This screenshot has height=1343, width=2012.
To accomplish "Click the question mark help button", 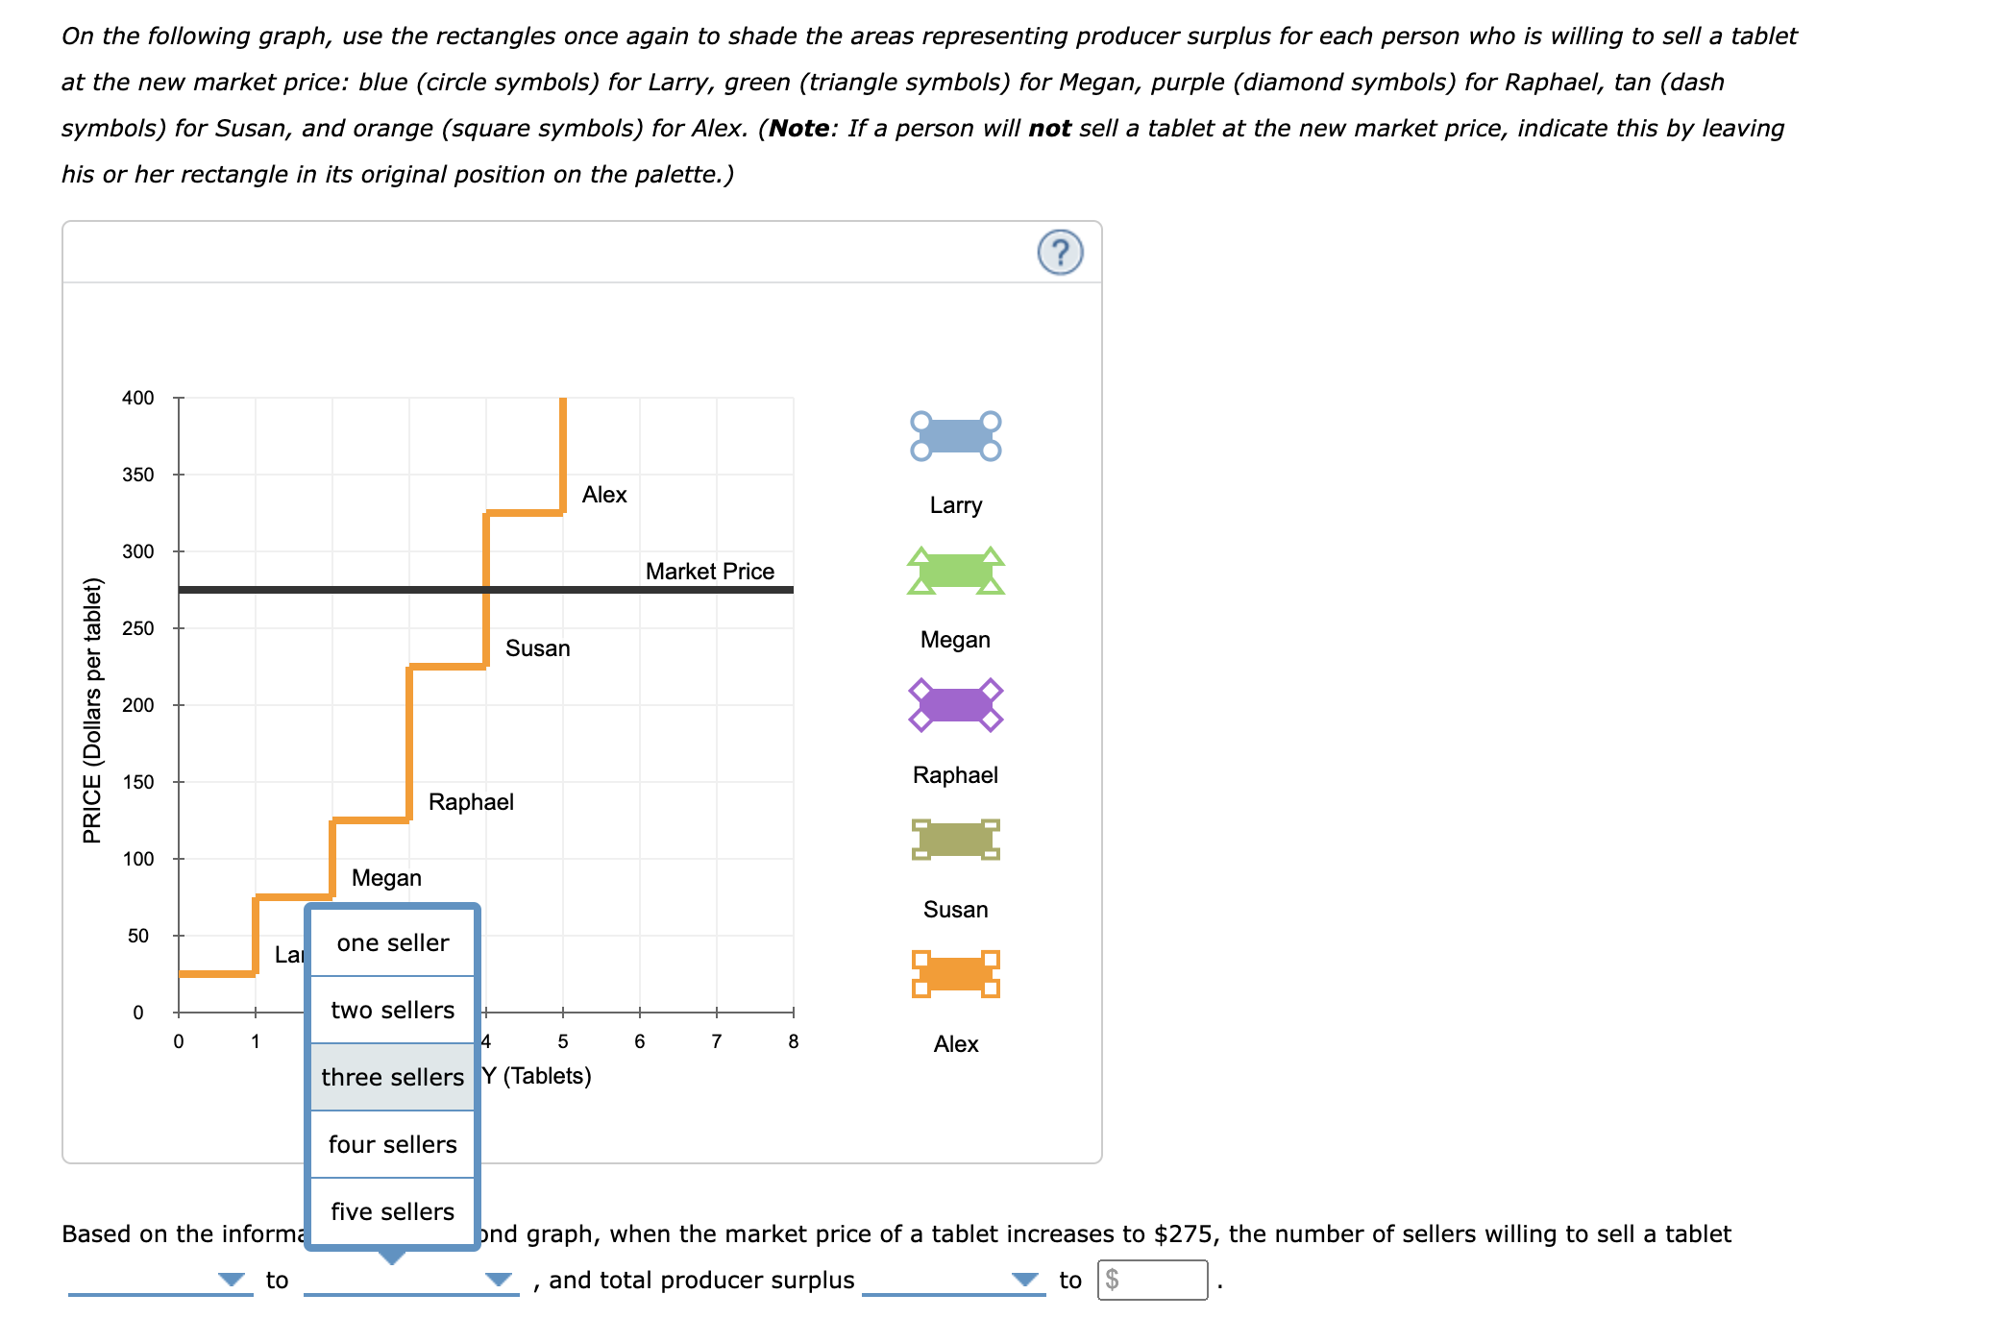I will (1060, 253).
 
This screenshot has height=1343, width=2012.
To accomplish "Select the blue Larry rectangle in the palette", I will (955, 436).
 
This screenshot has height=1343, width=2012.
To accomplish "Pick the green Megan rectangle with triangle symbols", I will (955, 572).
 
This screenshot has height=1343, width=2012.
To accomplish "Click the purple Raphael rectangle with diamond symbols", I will (955, 705).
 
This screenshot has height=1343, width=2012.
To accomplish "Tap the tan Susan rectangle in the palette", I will (955, 840).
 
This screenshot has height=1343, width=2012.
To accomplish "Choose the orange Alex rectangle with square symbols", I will (955, 974).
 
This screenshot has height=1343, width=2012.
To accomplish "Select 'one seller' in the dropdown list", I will (392, 942).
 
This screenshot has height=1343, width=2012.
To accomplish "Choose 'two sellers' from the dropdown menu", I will (392, 1010).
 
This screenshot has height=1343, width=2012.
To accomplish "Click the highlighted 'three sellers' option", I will (392, 1077).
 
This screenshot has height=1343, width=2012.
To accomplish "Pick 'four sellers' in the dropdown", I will (392, 1144).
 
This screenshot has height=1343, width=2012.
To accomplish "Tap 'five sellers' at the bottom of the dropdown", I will (392, 1211).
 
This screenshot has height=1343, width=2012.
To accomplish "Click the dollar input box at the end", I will (1152, 1280).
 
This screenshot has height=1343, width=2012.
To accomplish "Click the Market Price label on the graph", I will (709, 572).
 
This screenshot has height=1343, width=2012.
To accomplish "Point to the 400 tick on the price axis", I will (138, 398).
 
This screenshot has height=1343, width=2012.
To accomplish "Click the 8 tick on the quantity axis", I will (793, 1041).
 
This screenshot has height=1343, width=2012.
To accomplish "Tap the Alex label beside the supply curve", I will (603, 495).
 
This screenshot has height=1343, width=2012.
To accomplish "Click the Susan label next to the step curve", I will (537, 648).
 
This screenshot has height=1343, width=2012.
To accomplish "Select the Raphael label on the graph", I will (471, 802).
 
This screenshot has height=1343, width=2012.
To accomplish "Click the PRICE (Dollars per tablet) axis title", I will (92, 711).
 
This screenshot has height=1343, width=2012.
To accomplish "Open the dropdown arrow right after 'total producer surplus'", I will (1025, 1280).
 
